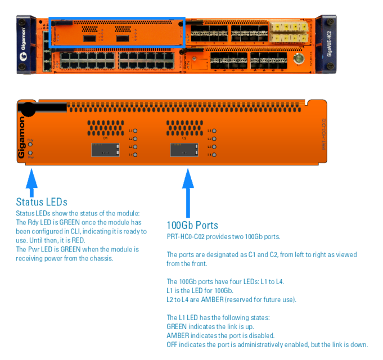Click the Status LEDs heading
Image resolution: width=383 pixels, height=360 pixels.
click(x=42, y=202)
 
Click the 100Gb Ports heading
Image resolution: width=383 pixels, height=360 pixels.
click(x=192, y=225)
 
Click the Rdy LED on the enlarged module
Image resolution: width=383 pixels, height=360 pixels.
click(x=30, y=144)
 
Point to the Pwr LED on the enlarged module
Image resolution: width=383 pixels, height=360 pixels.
click(x=30, y=152)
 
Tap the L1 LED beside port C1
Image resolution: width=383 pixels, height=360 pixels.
click(x=135, y=130)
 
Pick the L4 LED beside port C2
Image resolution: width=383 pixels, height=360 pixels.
click(x=214, y=154)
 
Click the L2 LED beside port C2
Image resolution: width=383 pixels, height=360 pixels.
click(x=214, y=138)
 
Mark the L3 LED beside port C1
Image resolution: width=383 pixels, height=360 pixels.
click(x=135, y=146)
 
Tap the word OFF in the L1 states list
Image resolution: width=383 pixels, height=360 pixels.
click(x=173, y=345)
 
